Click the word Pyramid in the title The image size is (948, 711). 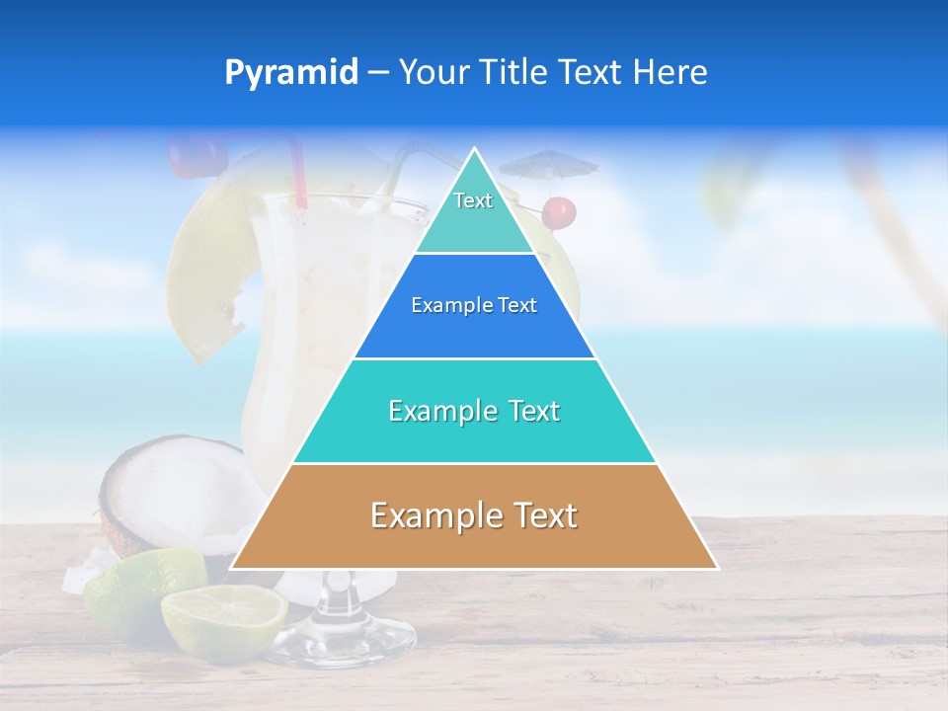290,73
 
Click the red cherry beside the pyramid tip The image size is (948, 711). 560,211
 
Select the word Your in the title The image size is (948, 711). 431,73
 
